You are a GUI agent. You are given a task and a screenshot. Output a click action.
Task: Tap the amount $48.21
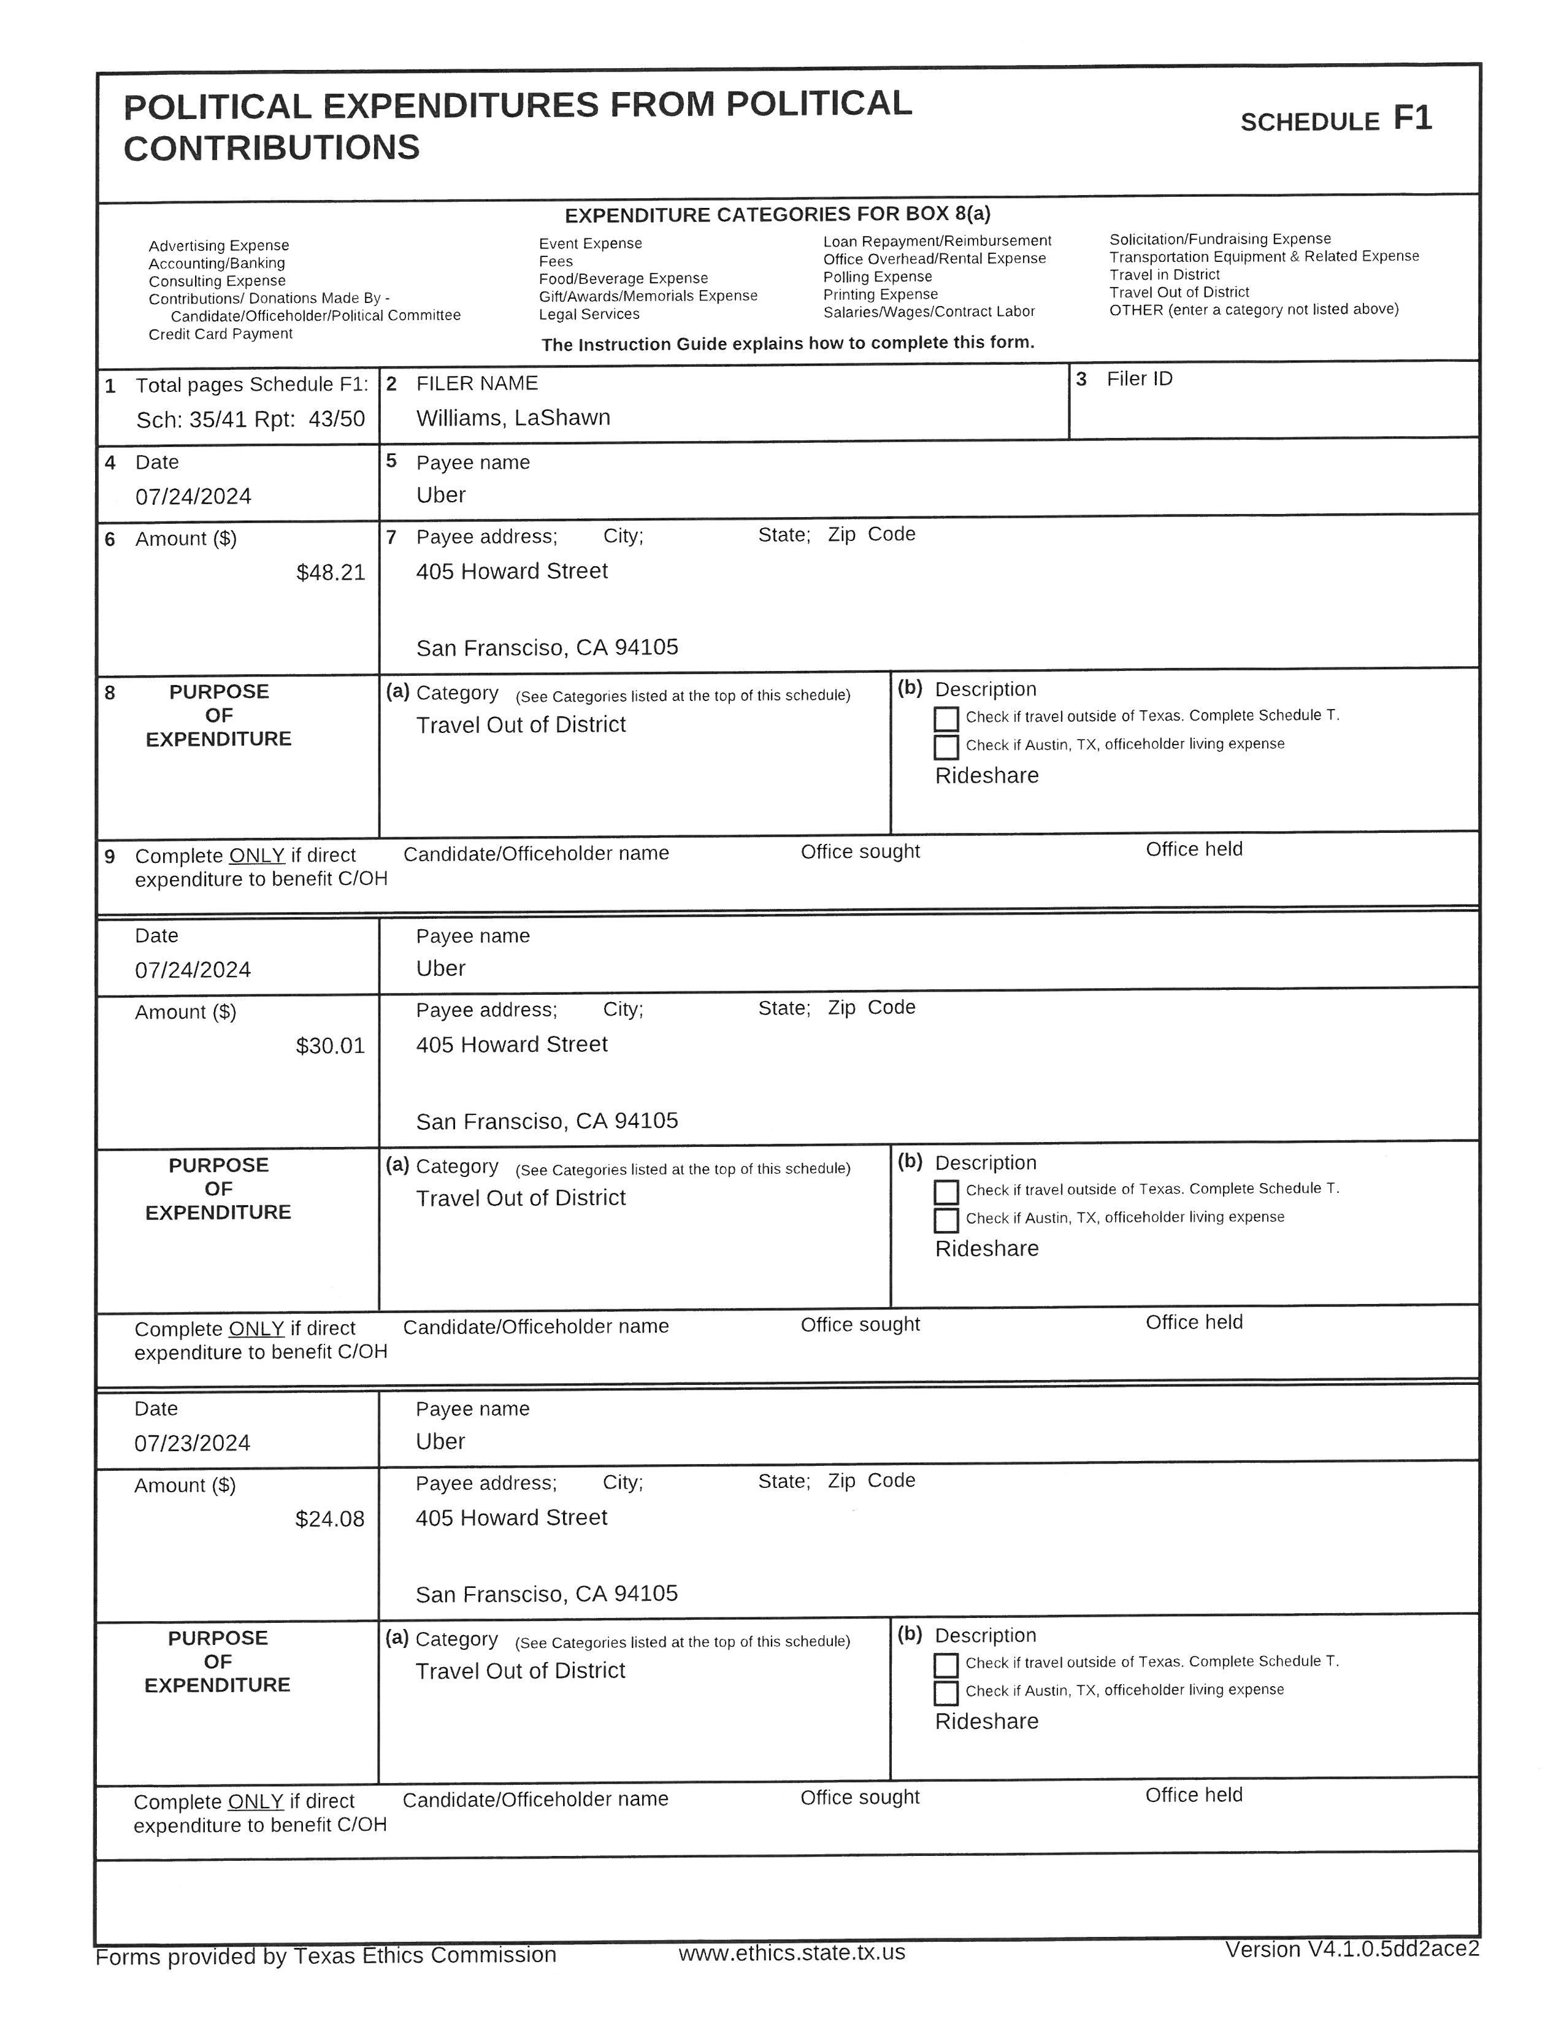pyautogui.click(x=331, y=573)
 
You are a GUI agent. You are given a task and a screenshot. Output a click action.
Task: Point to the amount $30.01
pyautogui.click(x=331, y=1046)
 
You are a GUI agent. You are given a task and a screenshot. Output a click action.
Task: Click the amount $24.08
pyautogui.click(x=330, y=1519)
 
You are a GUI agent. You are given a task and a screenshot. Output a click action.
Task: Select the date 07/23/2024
pyautogui.click(x=192, y=1443)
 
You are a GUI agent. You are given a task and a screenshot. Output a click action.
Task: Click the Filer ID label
pyautogui.click(x=1139, y=379)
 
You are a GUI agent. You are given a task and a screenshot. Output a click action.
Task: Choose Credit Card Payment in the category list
pyautogui.click(x=221, y=334)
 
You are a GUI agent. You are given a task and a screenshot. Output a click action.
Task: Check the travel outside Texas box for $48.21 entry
pyautogui.click(x=946, y=718)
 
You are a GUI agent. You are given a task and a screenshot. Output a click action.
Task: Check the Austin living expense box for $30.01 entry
pyautogui.click(x=946, y=1219)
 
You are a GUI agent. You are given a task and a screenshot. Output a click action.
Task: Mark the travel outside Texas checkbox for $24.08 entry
pyautogui.click(x=945, y=1665)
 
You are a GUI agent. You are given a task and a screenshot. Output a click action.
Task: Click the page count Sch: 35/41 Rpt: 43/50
pyautogui.click(x=250, y=420)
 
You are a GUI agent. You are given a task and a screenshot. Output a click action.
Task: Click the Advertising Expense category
pyautogui.click(x=219, y=245)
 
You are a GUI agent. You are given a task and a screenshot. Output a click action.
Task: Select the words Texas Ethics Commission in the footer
pyautogui.click(x=424, y=1955)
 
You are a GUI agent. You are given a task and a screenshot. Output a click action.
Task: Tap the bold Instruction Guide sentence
pyautogui.click(x=788, y=343)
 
